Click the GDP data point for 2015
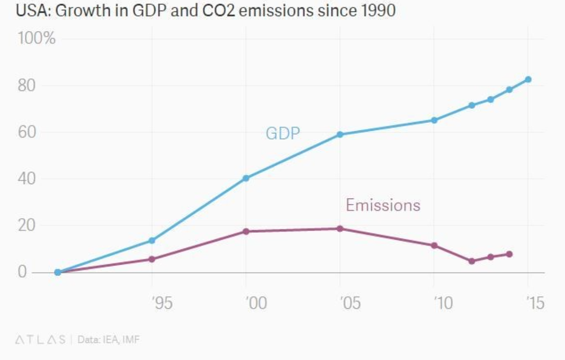[528, 79]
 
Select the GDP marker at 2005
[340, 134]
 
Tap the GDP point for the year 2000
[246, 178]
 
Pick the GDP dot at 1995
[152, 240]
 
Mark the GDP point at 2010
[434, 120]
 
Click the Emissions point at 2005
[340, 228]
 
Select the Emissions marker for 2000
[246, 231]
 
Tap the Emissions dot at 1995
[152, 259]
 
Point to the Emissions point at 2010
[434, 245]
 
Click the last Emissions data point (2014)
[509, 254]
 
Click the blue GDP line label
[282, 133]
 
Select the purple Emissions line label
[383, 205]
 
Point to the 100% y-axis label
[37, 38]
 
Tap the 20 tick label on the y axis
[27, 225]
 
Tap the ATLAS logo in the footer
[40, 339]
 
